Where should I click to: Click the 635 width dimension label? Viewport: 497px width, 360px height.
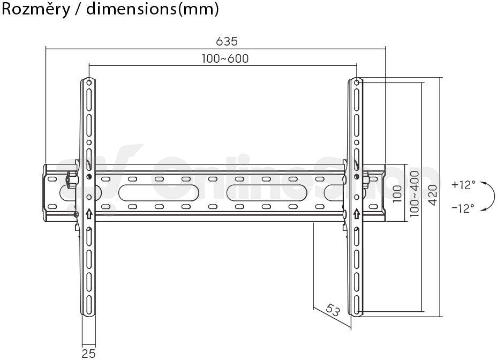tap(227, 41)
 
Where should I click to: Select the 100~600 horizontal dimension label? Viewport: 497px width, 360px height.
tap(225, 59)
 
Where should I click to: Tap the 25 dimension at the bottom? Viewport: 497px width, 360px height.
tap(88, 354)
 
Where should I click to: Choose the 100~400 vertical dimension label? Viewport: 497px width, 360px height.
tap(415, 194)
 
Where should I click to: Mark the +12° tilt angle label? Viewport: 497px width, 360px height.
tap(463, 185)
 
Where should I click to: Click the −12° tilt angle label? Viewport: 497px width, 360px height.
tap(463, 208)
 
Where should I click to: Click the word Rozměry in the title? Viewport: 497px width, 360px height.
tap(36, 9)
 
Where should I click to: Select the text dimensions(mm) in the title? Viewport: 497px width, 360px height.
tap(153, 9)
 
